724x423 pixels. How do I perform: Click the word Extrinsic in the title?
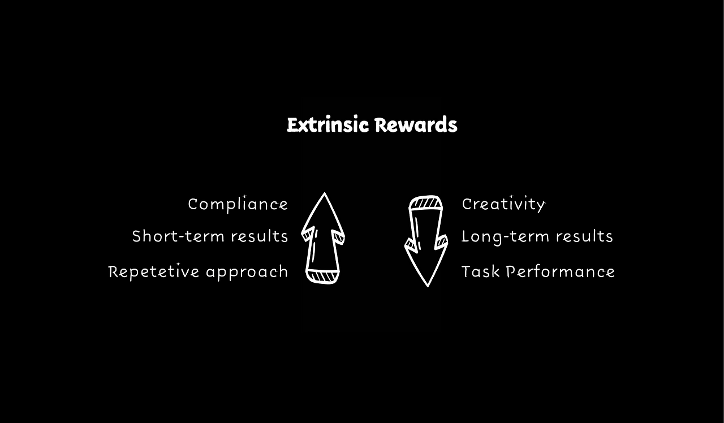coord(327,125)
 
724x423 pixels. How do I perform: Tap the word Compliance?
coord(238,204)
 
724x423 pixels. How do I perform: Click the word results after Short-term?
coord(260,236)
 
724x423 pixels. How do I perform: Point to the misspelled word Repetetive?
coord(154,271)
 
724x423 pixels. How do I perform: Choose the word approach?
coord(247,272)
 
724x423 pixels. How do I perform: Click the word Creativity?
coord(503,204)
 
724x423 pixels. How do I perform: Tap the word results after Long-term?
coord(585,236)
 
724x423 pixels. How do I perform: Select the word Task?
coord(481,271)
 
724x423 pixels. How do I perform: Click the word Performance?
coord(561,271)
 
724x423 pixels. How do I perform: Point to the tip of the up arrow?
coord(324,193)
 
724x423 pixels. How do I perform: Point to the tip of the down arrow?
coord(428,286)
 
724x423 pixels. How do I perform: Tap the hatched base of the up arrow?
coord(322,277)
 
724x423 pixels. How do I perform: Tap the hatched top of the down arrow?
coord(426,203)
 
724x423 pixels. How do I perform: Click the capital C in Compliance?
coord(193,204)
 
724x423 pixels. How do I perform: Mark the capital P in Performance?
coord(511,271)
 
